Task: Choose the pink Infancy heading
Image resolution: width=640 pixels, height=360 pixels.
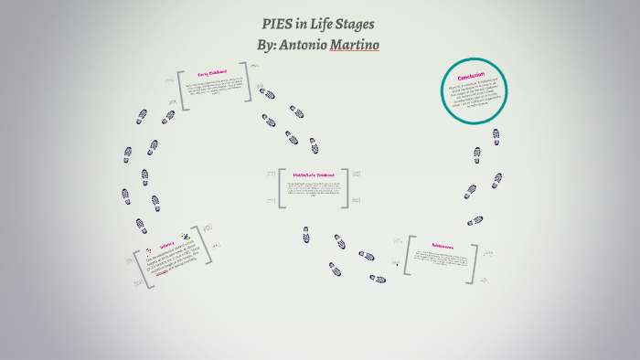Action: point(167,245)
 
